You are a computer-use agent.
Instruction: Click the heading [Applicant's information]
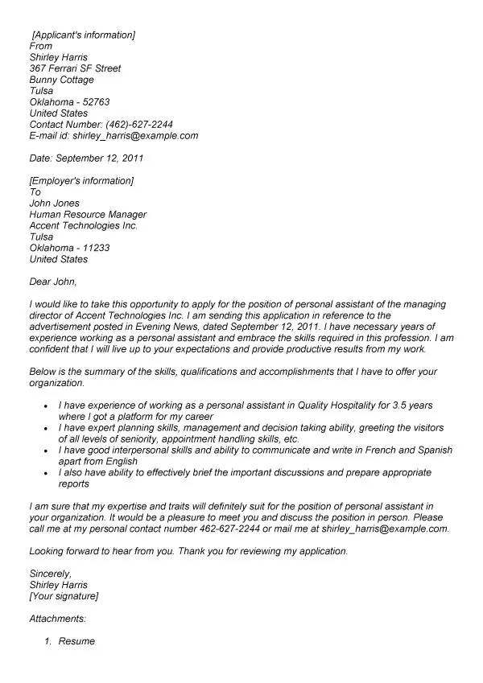pyautogui.click(x=83, y=35)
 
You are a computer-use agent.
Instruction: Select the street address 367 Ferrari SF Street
pyautogui.click(x=75, y=68)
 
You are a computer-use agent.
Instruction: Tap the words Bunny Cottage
pyautogui.click(x=61, y=80)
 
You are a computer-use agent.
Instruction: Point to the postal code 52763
pyautogui.click(x=93, y=102)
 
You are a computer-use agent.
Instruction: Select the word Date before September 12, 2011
pyautogui.click(x=39, y=158)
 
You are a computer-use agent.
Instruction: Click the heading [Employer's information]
pyautogui.click(x=81, y=181)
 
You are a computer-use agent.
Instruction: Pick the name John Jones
pyautogui.click(x=54, y=204)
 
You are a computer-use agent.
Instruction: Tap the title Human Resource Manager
pyautogui.click(x=88, y=215)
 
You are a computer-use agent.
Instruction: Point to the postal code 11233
pyautogui.click(x=93, y=248)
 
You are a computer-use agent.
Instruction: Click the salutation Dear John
pyautogui.click(x=53, y=282)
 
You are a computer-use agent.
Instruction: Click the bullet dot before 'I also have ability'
pyautogui.click(x=49, y=474)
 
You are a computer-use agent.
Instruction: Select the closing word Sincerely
pyautogui.click(x=50, y=574)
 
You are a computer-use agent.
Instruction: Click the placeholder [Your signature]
pyautogui.click(x=64, y=596)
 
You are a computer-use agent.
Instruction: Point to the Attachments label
pyautogui.click(x=57, y=619)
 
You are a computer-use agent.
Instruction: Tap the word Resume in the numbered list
pyautogui.click(x=76, y=641)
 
